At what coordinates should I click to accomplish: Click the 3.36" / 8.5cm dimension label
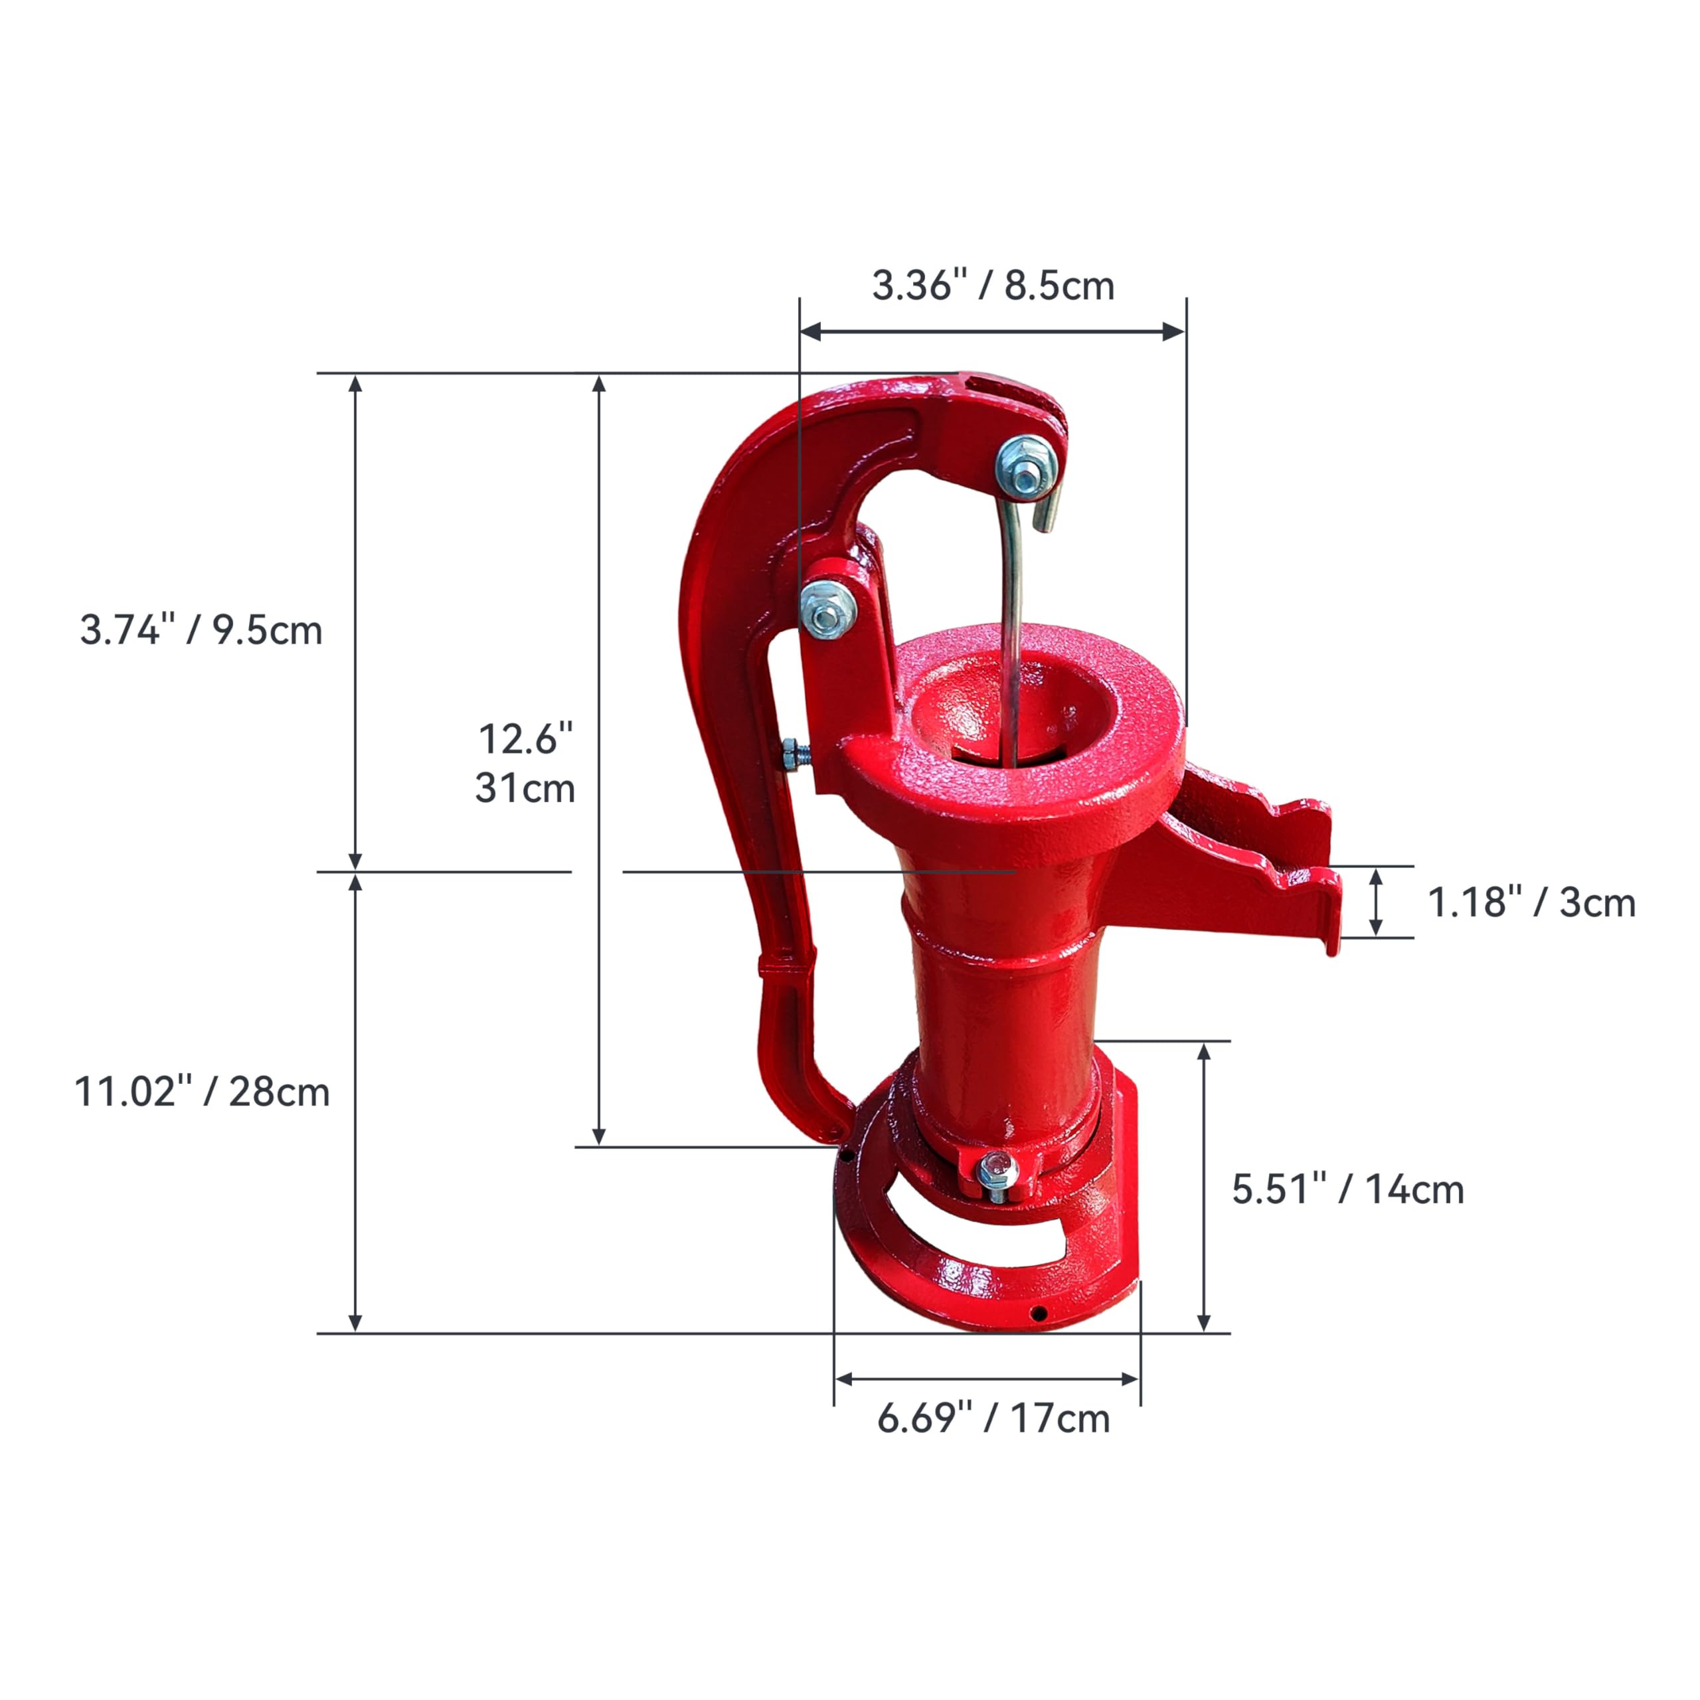click(x=993, y=286)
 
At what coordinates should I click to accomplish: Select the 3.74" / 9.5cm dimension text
click(x=201, y=630)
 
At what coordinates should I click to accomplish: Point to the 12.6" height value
click(x=525, y=738)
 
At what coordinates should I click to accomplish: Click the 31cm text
click(x=525, y=788)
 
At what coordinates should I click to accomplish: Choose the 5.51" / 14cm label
click(x=1348, y=1189)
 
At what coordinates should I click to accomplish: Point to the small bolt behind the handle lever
click(x=795, y=754)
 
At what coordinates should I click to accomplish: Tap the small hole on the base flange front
click(x=1039, y=1314)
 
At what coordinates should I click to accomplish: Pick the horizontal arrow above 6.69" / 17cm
click(x=986, y=1379)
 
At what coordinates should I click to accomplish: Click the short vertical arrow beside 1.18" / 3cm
click(x=1376, y=902)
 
